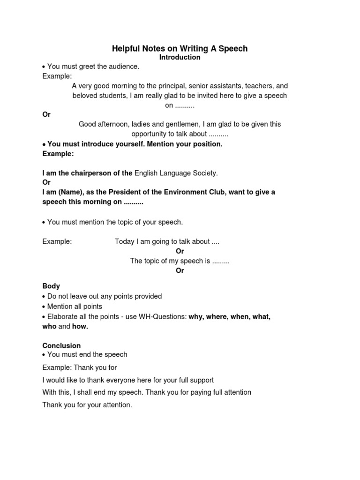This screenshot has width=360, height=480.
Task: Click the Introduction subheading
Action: (x=180, y=57)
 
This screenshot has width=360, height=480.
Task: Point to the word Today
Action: (x=125, y=241)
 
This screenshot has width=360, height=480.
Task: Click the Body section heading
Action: (x=51, y=286)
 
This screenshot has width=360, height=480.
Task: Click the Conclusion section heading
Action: (x=61, y=345)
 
